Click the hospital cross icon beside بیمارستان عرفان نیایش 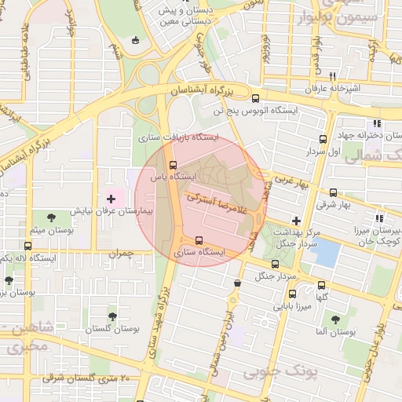[111, 199]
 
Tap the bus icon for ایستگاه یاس [173, 165]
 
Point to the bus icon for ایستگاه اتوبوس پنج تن [255, 98]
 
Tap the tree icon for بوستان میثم [52, 217]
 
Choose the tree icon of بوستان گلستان [112, 316]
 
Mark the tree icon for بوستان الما [336, 320]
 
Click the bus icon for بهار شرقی [334, 192]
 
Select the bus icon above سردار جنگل [275, 264]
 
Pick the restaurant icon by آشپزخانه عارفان [333, 76]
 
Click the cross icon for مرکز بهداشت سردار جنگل [296, 221]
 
